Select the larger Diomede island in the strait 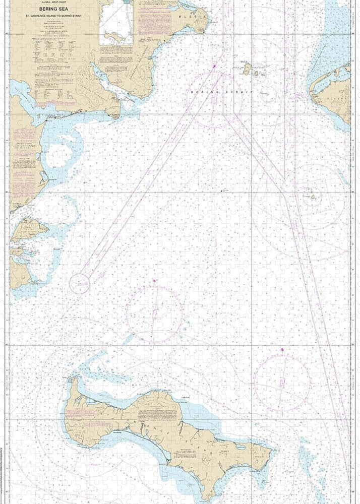pos(247,68)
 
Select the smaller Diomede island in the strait pos(256,73)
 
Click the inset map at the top pos(116,22)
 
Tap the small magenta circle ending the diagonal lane pos(79,283)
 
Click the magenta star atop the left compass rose pos(153,280)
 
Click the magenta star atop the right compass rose pos(282,349)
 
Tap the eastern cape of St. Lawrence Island pos(271,451)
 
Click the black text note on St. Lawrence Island pos(151,416)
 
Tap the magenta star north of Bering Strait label pos(214,66)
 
